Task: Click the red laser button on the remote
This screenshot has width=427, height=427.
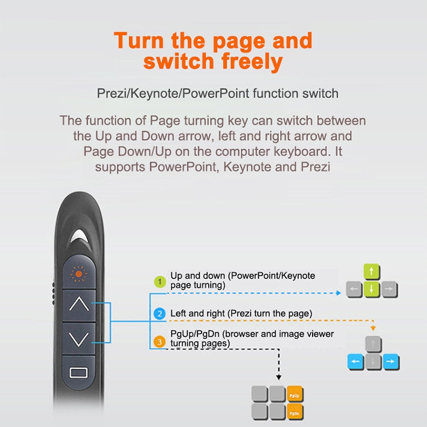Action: [79, 273]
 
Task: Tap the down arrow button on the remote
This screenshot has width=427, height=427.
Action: [79, 339]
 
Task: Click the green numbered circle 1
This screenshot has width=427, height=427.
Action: [161, 281]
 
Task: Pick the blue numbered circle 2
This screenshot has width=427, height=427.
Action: [161, 314]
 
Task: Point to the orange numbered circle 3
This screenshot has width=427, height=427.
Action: [161, 342]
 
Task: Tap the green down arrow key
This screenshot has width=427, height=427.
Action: [372, 290]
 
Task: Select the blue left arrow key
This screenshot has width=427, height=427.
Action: [355, 362]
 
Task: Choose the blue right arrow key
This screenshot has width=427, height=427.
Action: [390, 362]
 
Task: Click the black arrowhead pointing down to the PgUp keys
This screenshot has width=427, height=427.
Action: [279, 376]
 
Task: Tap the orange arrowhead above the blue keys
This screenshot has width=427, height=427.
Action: [372, 328]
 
